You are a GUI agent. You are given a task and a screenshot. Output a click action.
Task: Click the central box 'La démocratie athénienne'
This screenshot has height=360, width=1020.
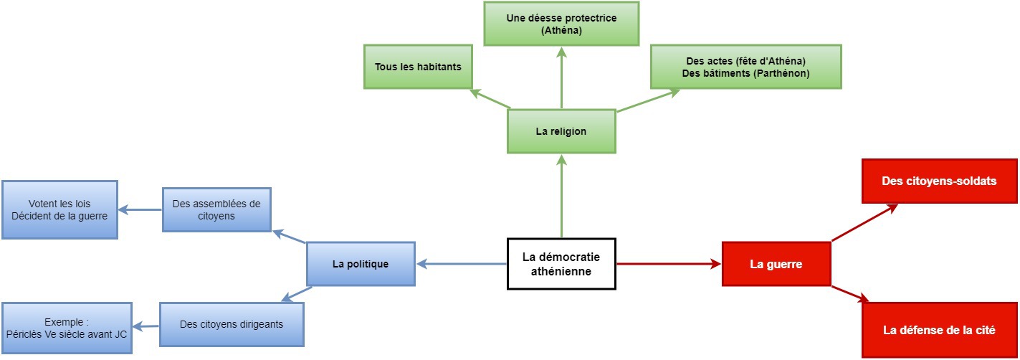[x=561, y=264]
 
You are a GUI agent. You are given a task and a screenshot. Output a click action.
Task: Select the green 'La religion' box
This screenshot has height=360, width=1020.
[x=561, y=131]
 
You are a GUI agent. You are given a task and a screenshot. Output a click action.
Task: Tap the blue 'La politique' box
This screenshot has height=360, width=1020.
[x=361, y=264]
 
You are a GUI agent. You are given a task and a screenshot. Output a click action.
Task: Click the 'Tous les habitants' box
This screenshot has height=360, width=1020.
[x=418, y=67]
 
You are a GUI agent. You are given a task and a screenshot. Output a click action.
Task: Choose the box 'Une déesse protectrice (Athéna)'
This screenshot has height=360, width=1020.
[x=561, y=24]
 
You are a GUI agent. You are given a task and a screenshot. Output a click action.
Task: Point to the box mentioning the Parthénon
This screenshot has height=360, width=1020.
[x=745, y=67]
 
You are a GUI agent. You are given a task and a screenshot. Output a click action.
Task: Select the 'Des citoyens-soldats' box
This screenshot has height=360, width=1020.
[x=939, y=181]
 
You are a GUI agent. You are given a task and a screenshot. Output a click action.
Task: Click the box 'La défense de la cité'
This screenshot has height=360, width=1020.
[x=939, y=331]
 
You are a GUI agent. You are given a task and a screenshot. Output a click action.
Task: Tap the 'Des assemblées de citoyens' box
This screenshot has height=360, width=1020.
[x=216, y=210]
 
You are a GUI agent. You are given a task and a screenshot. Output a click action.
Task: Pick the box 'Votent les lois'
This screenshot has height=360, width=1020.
[x=59, y=209]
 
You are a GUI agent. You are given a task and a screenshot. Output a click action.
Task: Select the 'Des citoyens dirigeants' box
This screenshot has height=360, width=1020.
[x=232, y=324]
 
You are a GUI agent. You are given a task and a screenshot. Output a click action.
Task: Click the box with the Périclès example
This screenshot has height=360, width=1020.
[x=66, y=328]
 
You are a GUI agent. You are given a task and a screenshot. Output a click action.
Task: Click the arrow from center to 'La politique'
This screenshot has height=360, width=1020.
[x=462, y=264]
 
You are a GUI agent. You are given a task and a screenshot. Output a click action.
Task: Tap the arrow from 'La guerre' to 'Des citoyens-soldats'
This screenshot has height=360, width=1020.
[x=864, y=223]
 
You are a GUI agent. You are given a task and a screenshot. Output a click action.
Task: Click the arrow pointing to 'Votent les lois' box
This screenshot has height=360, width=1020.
[x=140, y=210]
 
